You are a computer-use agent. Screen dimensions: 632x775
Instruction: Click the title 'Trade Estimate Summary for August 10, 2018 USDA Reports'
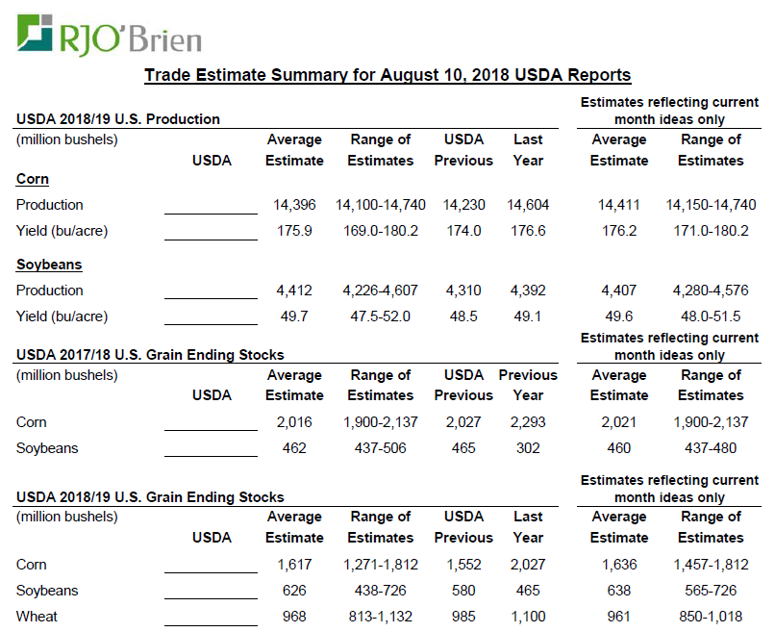387,75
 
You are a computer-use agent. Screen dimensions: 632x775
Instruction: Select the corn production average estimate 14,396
294,205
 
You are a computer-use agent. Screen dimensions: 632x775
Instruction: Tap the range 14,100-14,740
381,205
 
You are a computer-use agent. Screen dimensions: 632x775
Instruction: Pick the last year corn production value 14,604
528,205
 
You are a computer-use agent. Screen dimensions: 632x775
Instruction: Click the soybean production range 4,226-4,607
381,291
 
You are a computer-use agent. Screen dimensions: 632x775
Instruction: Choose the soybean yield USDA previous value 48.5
462,316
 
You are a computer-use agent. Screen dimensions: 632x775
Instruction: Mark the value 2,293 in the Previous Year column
528,422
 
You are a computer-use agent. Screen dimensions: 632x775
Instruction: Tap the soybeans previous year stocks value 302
528,448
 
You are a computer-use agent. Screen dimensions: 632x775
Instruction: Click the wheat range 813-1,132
381,617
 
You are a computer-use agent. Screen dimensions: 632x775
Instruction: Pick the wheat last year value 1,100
528,617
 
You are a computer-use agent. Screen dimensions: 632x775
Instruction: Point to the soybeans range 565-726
711,591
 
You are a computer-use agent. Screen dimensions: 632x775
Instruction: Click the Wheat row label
37,617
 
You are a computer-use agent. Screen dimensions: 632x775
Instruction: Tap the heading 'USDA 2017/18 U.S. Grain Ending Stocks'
150,355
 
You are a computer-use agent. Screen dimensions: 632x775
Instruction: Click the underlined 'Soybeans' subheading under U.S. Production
49,265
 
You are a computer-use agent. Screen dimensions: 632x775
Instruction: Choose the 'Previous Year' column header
528,385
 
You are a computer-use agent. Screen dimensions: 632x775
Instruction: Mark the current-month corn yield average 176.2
618,231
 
